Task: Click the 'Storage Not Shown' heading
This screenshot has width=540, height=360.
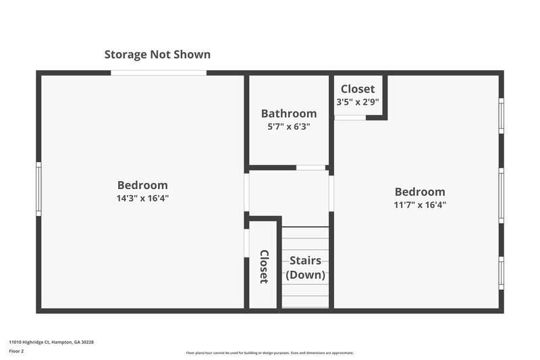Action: (x=157, y=55)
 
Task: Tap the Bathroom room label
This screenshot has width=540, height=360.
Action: (x=289, y=113)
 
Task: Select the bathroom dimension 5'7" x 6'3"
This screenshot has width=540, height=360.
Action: (x=289, y=126)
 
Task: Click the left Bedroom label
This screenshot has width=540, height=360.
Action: (x=142, y=185)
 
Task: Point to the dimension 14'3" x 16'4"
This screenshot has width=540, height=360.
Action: (x=142, y=199)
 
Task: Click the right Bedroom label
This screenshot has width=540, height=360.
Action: (x=420, y=192)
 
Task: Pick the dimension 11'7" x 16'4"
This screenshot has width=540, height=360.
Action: (x=420, y=205)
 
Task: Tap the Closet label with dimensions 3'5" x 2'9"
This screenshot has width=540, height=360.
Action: (x=358, y=89)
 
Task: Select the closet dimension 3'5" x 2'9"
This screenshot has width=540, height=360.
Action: (x=358, y=102)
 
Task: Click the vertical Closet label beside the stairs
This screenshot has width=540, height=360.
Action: (x=264, y=267)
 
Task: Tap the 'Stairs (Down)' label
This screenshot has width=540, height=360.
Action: (x=306, y=267)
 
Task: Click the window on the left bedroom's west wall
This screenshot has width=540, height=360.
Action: (x=39, y=188)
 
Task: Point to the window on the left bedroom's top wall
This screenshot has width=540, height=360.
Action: (x=159, y=73)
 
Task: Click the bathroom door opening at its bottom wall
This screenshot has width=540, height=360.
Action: (x=310, y=168)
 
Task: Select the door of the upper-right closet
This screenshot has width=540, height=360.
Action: (x=350, y=118)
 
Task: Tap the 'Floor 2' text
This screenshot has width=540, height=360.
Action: (x=17, y=351)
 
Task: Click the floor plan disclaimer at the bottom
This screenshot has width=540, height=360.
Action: (x=270, y=353)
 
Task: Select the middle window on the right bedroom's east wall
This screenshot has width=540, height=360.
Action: (x=501, y=195)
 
